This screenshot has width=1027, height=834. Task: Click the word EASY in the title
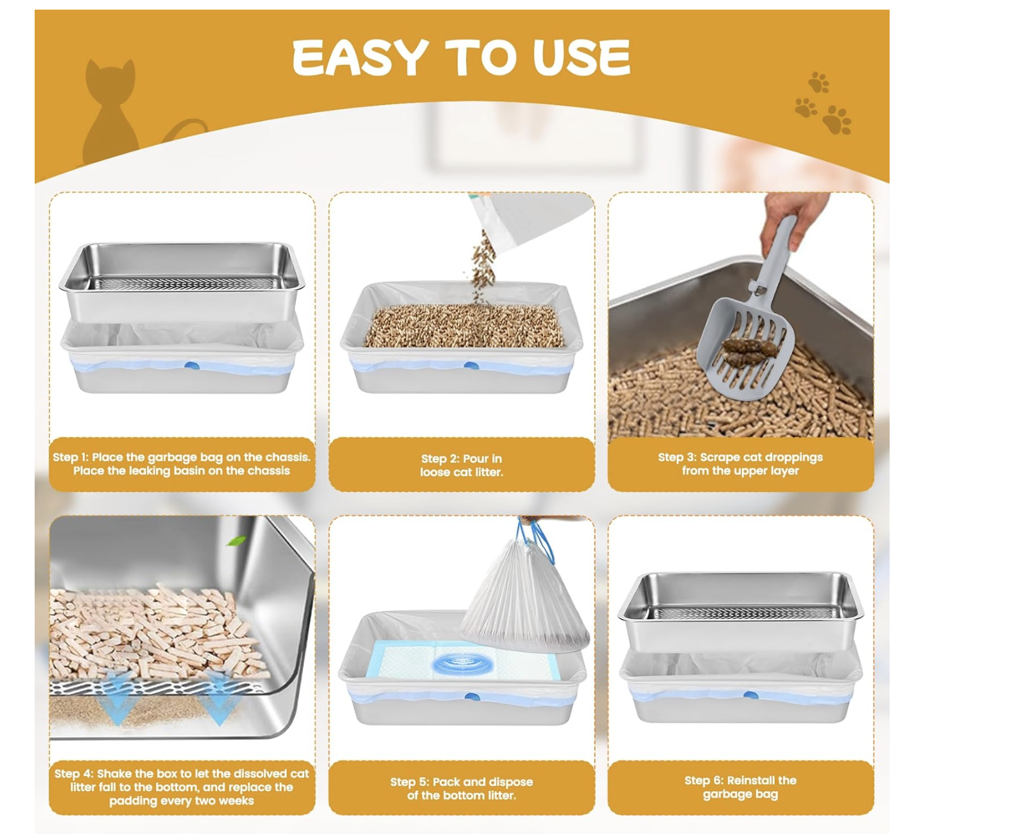(x=360, y=57)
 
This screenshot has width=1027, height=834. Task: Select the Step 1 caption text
(x=182, y=463)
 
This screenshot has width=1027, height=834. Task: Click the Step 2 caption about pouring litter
(x=462, y=465)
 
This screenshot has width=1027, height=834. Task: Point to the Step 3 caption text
(x=740, y=463)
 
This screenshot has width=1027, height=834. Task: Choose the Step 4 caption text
(x=182, y=787)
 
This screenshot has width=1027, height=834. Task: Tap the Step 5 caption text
(x=462, y=788)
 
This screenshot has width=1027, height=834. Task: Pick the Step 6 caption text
(x=740, y=787)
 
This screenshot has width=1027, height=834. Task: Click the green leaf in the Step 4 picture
(x=237, y=541)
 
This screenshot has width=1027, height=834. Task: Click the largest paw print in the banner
(x=838, y=120)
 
